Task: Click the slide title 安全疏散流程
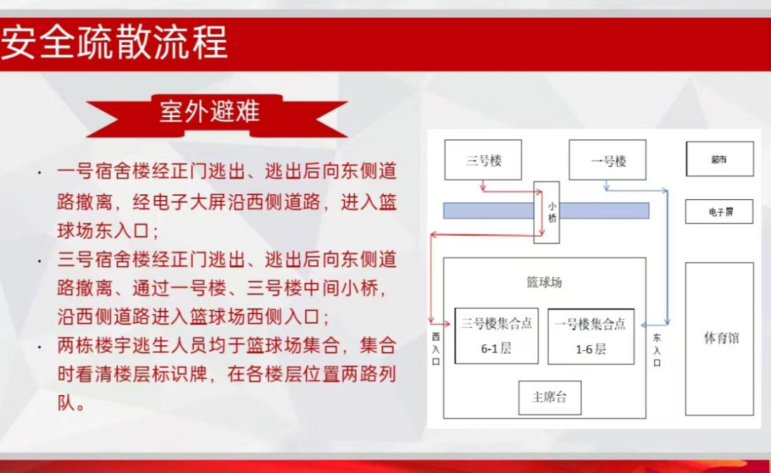point(114,42)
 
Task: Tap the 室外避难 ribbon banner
point(217,116)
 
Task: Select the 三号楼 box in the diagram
point(483,160)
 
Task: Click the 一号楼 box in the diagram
point(608,160)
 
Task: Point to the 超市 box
point(720,159)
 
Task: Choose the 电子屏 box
point(720,211)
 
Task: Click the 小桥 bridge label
point(552,213)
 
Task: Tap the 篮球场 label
point(544,282)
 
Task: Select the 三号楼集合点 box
point(496,336)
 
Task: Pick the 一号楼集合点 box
point(590,337)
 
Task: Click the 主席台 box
point(550,398)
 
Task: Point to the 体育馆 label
point(721,338)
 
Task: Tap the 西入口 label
point(435,349)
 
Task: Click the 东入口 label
point(657,350)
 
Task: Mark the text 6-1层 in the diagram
point(496,349)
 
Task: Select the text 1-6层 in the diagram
point(590,349)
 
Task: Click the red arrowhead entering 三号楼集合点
point(447,324)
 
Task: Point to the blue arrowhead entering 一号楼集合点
point(645,325)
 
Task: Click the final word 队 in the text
point(66,403)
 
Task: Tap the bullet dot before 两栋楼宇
point(40,347)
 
